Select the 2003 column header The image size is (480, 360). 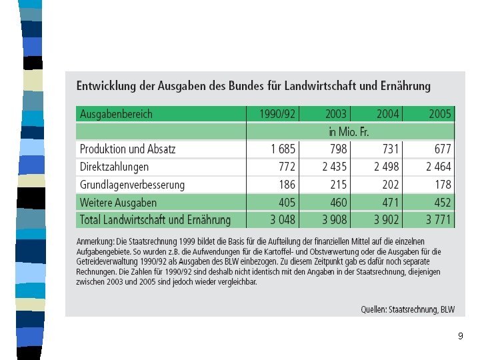337,114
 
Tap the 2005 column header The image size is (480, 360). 440,114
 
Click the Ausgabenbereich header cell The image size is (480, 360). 117,114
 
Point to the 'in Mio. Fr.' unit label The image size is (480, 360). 350,131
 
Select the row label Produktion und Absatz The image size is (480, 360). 128,149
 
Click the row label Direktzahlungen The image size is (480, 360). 115,167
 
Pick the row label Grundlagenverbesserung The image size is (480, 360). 133,185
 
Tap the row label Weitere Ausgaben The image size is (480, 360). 119,203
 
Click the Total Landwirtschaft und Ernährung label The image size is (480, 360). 155,220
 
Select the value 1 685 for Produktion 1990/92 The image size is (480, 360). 283,149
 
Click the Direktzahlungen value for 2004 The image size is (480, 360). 387,167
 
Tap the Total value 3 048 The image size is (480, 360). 283,220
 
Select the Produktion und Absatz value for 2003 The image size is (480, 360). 338,149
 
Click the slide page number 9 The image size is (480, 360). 460,337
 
